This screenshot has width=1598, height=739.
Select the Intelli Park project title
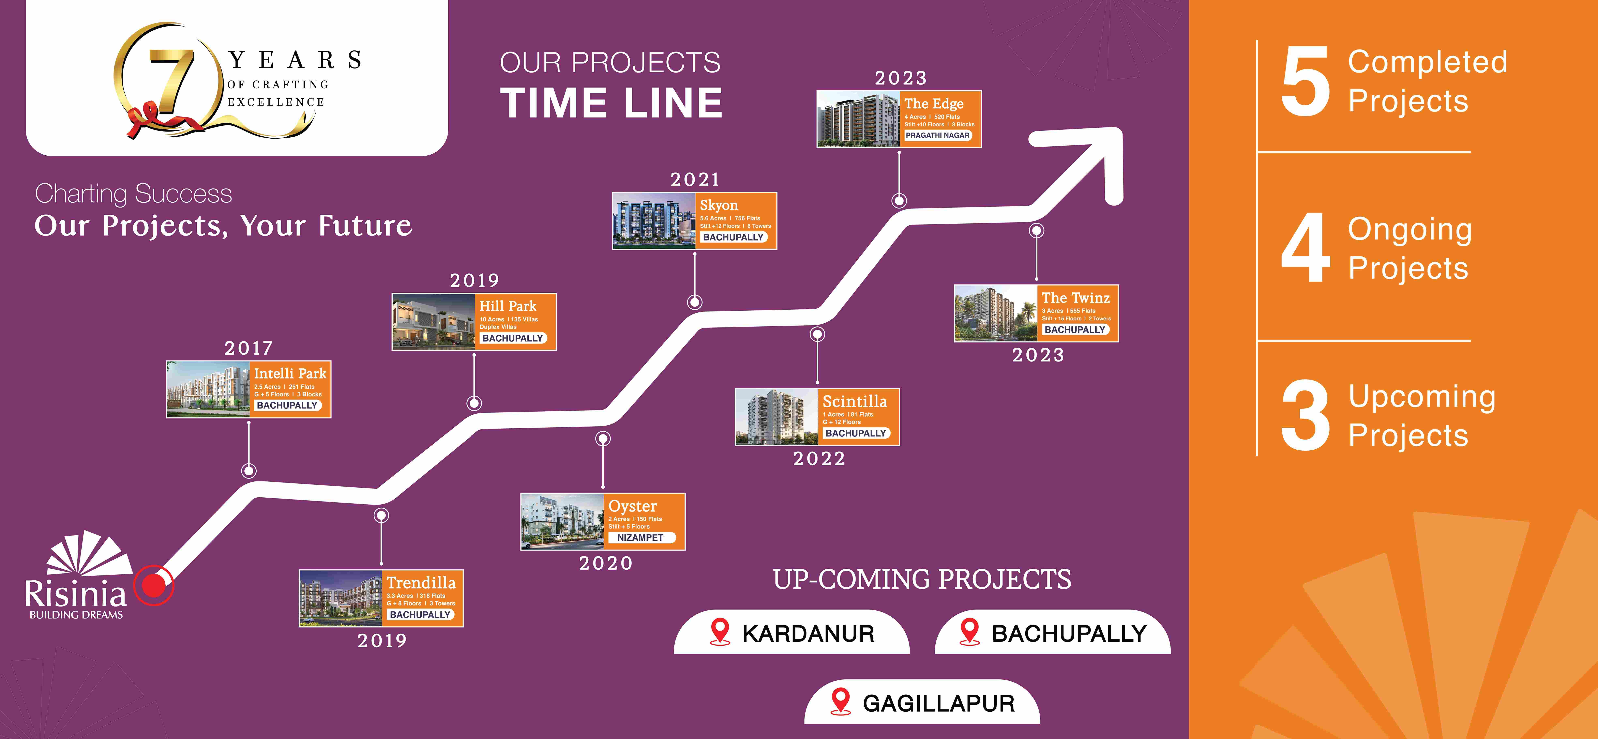point(290,373)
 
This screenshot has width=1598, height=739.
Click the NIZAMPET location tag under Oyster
point(640,538)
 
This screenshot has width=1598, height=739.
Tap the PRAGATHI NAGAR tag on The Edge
point(937,135)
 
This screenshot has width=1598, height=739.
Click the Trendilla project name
point(421,583)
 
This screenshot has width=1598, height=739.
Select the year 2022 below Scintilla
point(819,459)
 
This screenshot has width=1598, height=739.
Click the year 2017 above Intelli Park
point(248,348)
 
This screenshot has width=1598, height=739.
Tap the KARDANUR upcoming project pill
point(792,632)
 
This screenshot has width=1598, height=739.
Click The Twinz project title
point(1076,298)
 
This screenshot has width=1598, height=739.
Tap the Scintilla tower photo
point(776,417)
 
